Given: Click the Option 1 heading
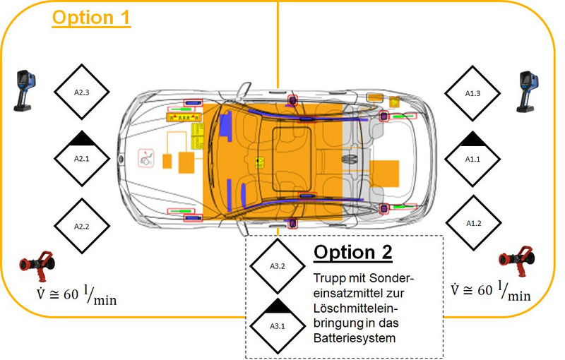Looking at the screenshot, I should pyautogui.click(x=91, y=17).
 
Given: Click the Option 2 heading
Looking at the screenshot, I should pyautogui.click(x=352, y=253).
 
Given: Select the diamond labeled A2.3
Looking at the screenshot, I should pyautogui.click(x=81, y=92).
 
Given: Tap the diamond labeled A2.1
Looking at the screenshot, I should pyautogui.click(x=81, y=159).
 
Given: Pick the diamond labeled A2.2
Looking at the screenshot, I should pyautogui.click(x=81, y=226).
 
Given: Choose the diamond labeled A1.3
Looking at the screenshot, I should pyautogui.click(x=472, y=92).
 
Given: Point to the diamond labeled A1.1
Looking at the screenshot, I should pyautogui.click(x=472, y=159).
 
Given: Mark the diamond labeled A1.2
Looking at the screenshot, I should pyautogui.click(x=472, y=223).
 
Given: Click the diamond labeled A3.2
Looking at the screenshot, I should pyautogui.click(x=277, y=266).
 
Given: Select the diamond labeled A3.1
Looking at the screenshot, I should pyautogui.click(x=277, y=325).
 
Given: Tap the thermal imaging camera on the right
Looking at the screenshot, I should pyautogui.click(x=529, y=92).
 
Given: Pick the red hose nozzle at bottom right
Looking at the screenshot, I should pyautogui.click(x=515, y=262).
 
